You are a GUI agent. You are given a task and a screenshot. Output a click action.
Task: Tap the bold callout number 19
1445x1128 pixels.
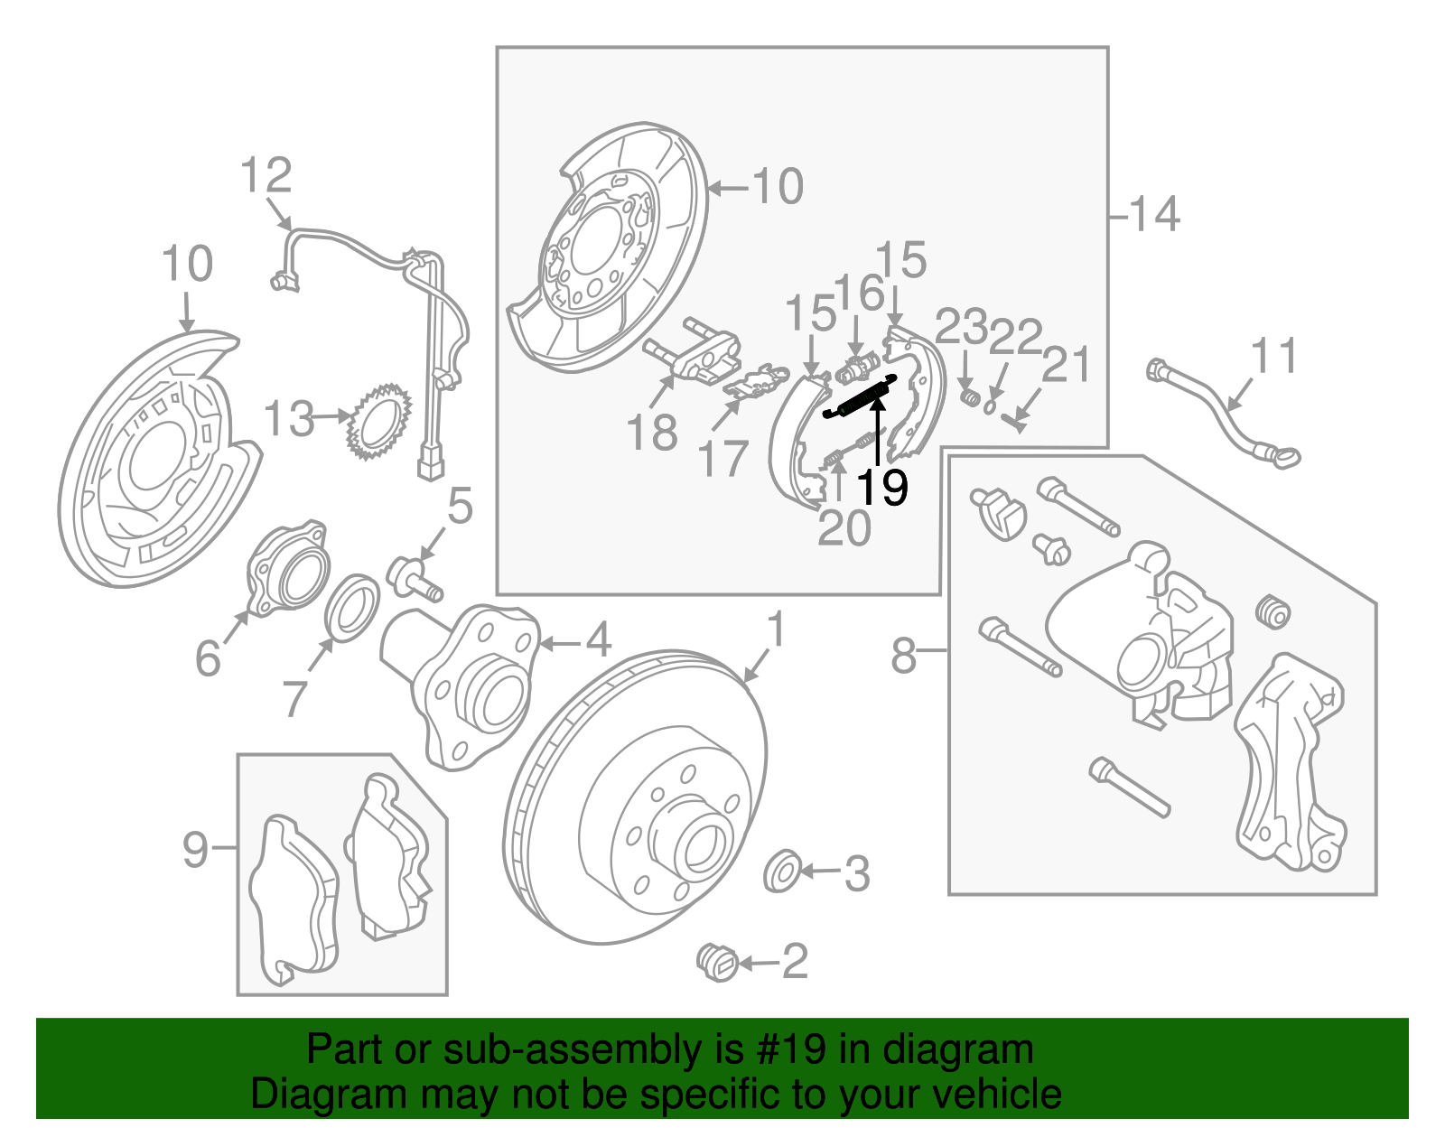tap(881, 489)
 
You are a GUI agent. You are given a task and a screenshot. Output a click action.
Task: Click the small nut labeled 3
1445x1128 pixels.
tap(782, 871)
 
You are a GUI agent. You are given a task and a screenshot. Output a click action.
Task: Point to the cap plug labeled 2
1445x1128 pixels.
tap(719, 962)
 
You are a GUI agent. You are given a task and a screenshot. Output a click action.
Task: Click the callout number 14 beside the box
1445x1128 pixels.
tap(1153, 214)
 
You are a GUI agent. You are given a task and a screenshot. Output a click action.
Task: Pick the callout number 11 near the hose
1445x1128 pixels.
tap(1274, 356)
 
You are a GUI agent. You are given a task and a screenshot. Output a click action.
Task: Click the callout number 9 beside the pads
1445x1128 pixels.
tap(195, 849)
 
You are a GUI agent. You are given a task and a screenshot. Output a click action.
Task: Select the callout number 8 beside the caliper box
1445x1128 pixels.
tap(903, 656)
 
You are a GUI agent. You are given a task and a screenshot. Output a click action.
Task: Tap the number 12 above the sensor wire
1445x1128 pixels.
tap(266, 176)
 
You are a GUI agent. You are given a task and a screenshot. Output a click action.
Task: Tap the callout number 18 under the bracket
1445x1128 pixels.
tap(651, 433)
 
